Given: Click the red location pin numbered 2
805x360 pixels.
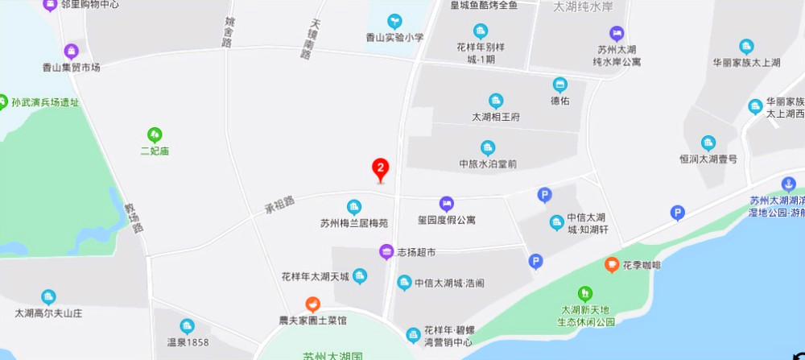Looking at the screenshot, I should (x=380, y=169).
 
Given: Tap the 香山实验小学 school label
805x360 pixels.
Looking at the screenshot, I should (x=394, y=37).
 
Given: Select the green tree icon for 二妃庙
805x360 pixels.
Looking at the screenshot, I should (x=154, y=134).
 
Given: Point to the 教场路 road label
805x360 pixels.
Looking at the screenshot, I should (x=134, y=217).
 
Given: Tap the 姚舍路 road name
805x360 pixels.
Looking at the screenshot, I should (x=229, y=31).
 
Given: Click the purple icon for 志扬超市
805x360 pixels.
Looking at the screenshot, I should (x=386, y=252).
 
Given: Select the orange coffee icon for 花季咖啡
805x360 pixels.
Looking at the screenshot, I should (x=612, y=264).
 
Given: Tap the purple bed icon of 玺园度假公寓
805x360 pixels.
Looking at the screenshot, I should (x=446, y=204).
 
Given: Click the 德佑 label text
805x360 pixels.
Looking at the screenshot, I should (x=559, y=101).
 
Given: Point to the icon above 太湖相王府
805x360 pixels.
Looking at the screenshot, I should (x=496, y=101).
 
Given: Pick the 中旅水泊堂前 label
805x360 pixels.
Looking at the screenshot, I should (x=488, y=163).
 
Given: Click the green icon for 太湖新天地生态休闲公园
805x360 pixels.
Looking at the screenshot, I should (x=585, y=294).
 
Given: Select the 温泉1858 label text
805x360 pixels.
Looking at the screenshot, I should (x=188, y=342).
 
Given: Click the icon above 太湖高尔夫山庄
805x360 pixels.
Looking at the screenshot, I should (x=48, y=296).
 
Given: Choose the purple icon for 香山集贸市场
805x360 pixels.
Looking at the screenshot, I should (x=72, y=52).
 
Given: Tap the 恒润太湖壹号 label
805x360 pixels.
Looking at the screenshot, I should (x=708, y=159).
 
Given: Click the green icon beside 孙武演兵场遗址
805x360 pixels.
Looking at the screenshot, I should (x=5, y=102).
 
